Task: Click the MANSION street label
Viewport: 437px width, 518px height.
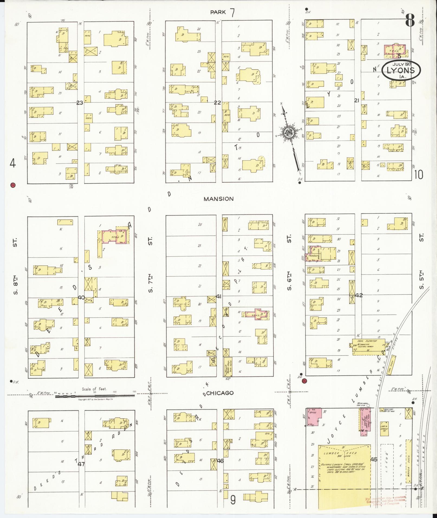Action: pyautogui.click(x=218, y=199)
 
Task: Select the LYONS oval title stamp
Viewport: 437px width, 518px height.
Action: pyautogui.click(x=401, y=70)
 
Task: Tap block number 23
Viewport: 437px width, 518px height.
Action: pyautogui.click(x=80, y=103)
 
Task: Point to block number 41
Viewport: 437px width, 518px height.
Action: pyautogui.click(x=219, y=297)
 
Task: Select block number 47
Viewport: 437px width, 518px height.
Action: pyautogui.click(x=81, y=464)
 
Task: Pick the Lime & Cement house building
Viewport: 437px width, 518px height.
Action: pyautogui.click(x=384, y=429)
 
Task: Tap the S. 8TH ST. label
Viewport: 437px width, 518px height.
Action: pyautogui.click(x=15, y=267)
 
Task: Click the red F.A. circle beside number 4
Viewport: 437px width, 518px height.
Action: pyautogui.click(x=12, y=185)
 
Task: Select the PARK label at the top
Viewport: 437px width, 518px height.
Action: pyautogui.click(x=218, y=12)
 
